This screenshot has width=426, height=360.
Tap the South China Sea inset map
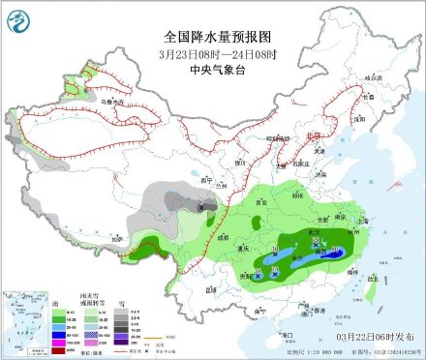pyautogui.click(x=27, y=324)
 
